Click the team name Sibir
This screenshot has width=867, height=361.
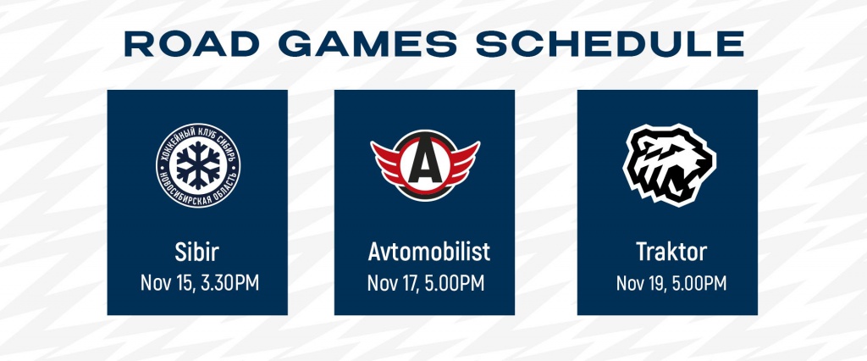tap(197, 253)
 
